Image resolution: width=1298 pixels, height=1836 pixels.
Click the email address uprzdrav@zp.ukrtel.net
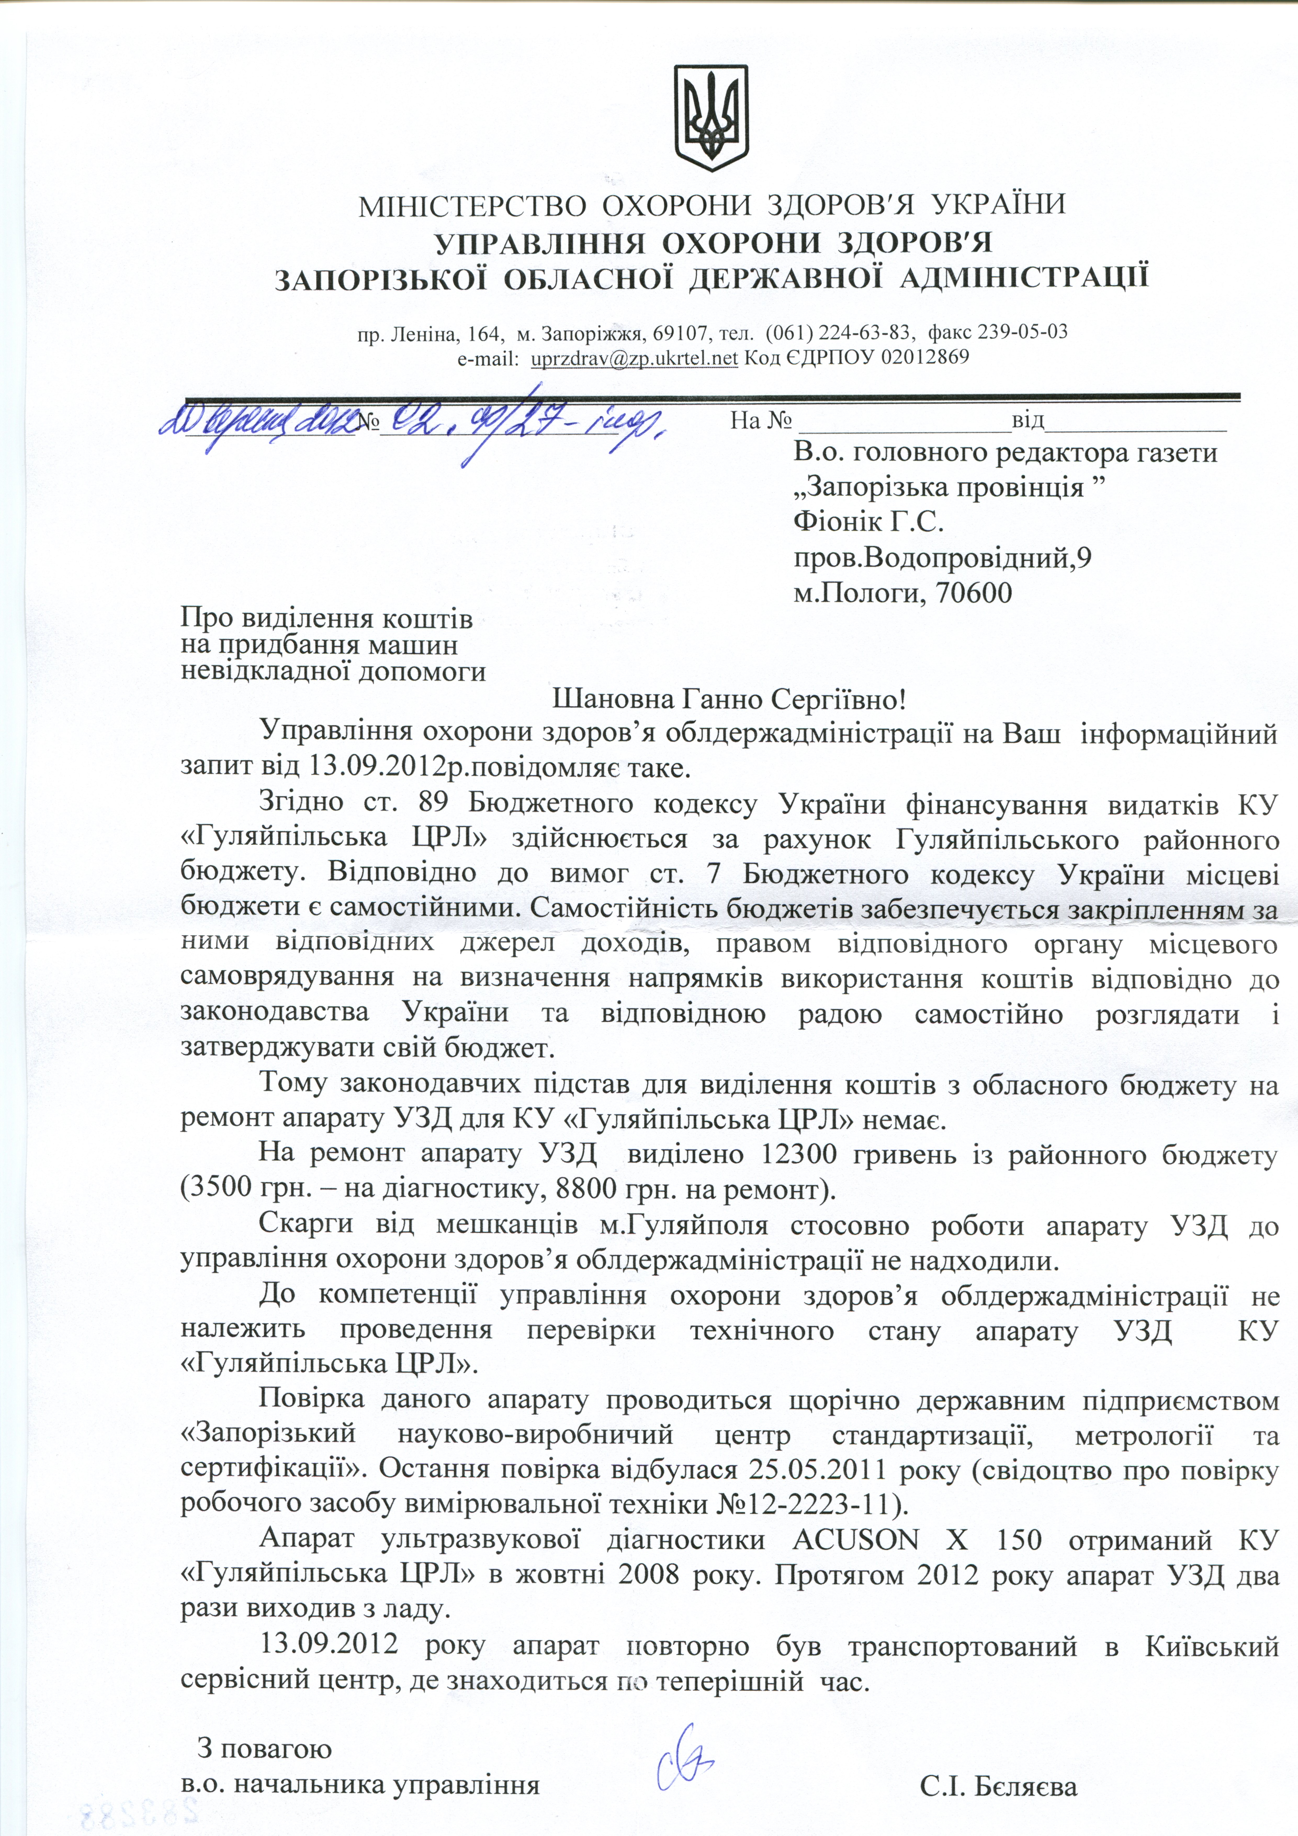point(634,358)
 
